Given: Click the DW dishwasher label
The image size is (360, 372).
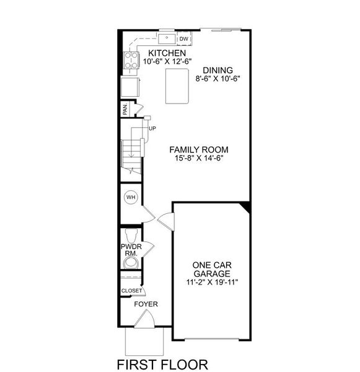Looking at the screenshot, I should click(183, 39).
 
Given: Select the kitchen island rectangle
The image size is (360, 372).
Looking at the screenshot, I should click(176, 86).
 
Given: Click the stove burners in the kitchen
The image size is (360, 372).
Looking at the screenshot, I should click(132, 60).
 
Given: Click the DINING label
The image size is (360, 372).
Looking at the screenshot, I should click(213, 71).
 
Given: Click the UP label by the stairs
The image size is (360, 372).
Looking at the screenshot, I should click(152, 128).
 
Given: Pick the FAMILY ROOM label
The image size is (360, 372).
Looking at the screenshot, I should click(200, 149).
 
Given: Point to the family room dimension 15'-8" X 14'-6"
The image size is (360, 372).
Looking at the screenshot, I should click(200, 158).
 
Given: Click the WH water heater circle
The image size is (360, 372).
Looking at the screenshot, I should click(131, 198).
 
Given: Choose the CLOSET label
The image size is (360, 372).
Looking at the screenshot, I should click(131, 290).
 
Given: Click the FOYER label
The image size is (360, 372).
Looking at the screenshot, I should click(146, 304).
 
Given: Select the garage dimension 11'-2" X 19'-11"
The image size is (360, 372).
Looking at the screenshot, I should click(211, 282).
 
